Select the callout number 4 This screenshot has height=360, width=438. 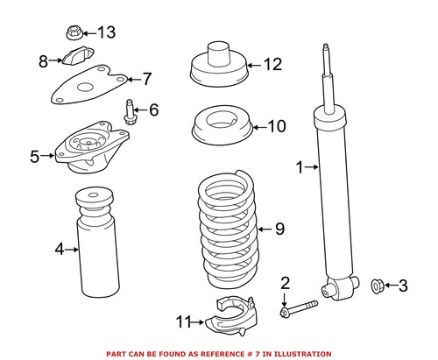[60, 250]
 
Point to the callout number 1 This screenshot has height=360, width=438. [300, 166]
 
